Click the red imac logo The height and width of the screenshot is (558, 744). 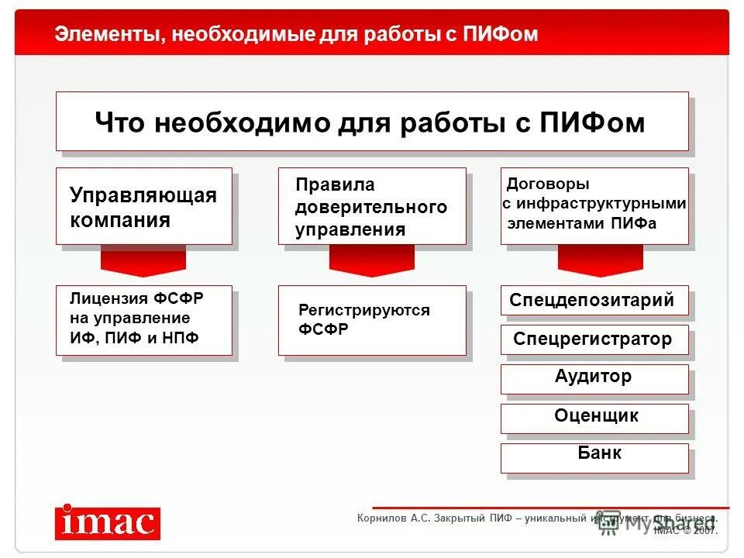coord(107,522)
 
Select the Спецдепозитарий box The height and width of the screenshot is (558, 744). coord(594,301)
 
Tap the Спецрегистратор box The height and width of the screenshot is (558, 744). coord(594,339)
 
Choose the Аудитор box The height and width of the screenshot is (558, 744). coord(594,379)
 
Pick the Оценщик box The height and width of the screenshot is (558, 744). coord(594,418)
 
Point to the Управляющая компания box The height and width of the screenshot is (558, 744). coord(143,206)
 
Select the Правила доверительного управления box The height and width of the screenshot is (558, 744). coord(372,206)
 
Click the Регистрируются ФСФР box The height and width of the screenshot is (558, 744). coord(372,320)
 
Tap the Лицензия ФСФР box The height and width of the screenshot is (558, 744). coord(143,320)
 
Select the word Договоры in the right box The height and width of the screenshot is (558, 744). coord(548,184)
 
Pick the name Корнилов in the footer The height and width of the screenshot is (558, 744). coord(382,518)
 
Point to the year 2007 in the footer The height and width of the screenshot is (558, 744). coord(705,531)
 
